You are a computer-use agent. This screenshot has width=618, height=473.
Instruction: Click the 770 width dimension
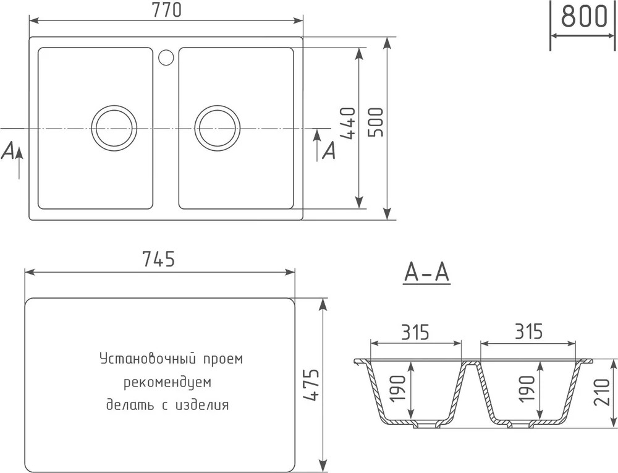pos(167,10)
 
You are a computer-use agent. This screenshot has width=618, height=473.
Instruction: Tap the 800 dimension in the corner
pos(583,17)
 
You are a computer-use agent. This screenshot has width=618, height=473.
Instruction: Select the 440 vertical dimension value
pos(347,124)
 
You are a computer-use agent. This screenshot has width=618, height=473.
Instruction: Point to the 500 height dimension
pos(376,122)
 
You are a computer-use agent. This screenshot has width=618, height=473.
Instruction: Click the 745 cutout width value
pos(158,259)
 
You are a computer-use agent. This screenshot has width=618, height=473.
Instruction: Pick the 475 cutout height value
pos(311,385)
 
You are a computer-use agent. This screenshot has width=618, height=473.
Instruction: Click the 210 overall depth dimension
pos(603,392)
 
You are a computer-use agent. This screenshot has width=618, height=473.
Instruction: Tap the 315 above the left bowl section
pos(415,332)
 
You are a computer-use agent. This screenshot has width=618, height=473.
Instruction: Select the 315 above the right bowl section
pos(528,332)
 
